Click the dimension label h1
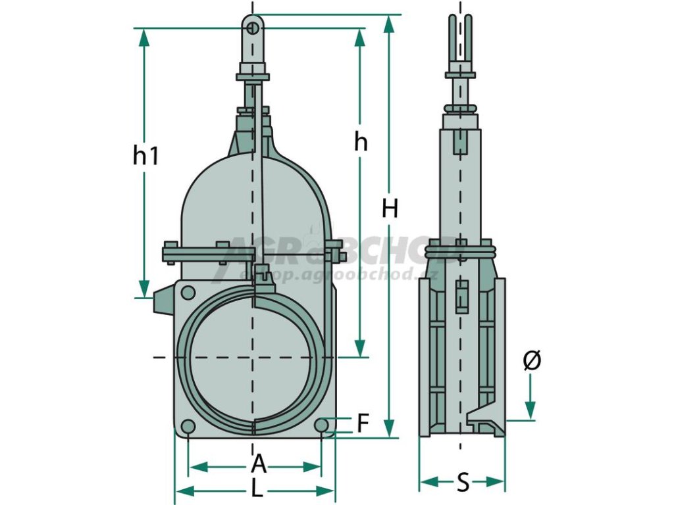(x=146, y=156)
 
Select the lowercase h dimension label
(x=360, y=141)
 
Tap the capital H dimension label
(x=390, y=209)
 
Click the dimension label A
(x=259, y=466)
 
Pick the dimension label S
(x=463, y=483)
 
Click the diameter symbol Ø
(x=532, y=360)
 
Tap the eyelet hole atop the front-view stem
(x=253, y=28)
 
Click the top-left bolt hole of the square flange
(x=188, y=293)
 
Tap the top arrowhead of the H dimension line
(x=390, y=24)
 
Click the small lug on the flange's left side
(x=162, y=302)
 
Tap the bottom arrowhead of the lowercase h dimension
(x=359, y=349)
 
